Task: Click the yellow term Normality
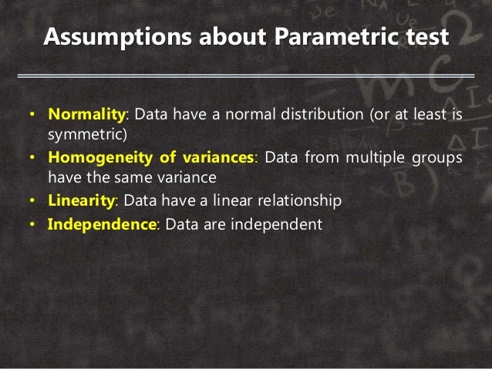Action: coord(86,116)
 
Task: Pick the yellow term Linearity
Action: coord(81,200)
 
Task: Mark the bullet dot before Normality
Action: coord(32,116)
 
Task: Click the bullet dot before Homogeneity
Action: coord(32,157)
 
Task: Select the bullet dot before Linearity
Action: coord(32,200)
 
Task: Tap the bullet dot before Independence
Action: coord(32,225)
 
